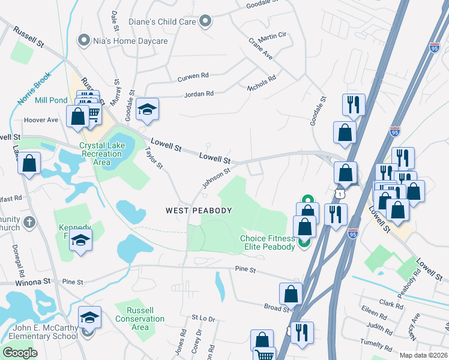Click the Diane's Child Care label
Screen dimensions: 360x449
162,22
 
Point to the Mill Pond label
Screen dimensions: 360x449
50,100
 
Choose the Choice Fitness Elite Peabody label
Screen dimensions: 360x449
268,242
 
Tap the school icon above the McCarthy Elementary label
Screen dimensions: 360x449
89,317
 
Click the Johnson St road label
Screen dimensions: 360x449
216,178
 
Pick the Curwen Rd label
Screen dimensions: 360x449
192,76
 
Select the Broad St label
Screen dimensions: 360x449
276,307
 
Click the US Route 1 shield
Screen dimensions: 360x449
340,194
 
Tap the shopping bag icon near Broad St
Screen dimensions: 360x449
291,294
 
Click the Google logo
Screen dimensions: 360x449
20,352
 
